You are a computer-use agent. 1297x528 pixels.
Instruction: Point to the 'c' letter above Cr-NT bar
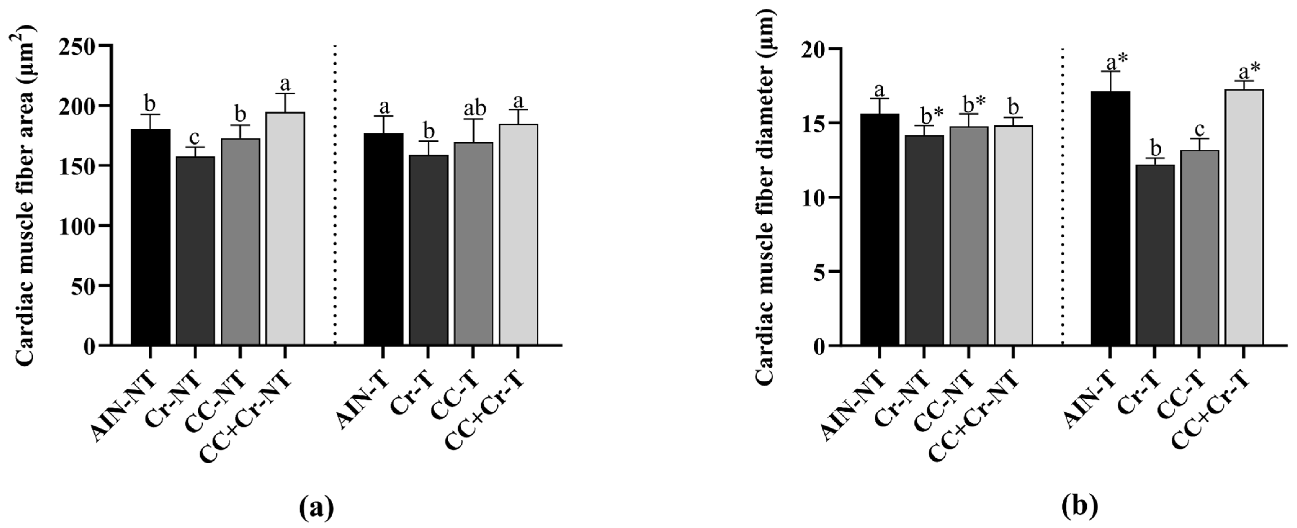click(x=195, y=137)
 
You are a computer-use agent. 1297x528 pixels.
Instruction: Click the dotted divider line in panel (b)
click(x=1062, y=201)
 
